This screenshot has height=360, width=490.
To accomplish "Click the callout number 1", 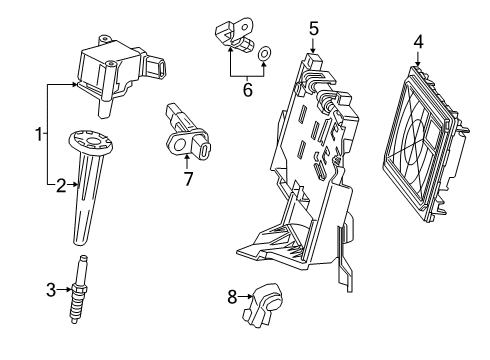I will [38, 133].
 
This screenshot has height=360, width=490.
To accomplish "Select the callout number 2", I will [60, 184].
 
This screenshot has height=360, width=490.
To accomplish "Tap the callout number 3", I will [52, 290].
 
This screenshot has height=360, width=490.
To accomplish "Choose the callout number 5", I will [313, 29].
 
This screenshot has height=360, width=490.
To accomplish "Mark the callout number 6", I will [248, 89].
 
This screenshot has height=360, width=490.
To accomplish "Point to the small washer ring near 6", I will [264, 54].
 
